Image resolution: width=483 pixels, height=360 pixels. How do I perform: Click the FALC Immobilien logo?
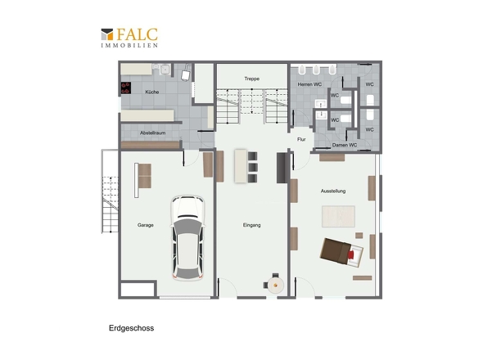pos(129,38)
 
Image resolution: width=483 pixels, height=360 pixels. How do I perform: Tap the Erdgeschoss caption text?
pos(132,328)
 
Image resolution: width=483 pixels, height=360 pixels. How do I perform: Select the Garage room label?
pos(146,225)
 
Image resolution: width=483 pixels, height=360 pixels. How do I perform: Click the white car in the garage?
pos(187,237)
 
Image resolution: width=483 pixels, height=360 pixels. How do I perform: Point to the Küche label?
pos(152,92)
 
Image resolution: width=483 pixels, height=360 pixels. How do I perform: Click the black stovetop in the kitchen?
pos(126,88)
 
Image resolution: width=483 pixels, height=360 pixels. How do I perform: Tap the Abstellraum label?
pos(153,133)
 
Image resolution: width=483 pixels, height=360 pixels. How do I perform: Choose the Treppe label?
pos(251,79)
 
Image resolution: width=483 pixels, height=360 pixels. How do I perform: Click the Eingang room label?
pos(251,225)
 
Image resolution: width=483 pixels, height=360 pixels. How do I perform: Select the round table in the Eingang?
pos(275,286)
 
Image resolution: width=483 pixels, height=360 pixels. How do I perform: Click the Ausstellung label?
pos(333,191)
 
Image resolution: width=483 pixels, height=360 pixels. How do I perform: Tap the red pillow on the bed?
pos(351,254)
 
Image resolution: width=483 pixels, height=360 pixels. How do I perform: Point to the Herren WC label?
pos(309,84)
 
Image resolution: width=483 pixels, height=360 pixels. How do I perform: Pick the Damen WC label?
pos(345,145)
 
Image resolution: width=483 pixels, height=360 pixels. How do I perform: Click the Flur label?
pos(301,140)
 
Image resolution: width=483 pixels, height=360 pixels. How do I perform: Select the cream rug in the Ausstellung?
pos(338,217)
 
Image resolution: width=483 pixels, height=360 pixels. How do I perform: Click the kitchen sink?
pos(165,70)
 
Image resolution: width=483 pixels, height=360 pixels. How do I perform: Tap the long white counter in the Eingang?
pos(241,166)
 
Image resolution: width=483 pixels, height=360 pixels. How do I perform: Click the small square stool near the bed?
pos(359,236)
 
